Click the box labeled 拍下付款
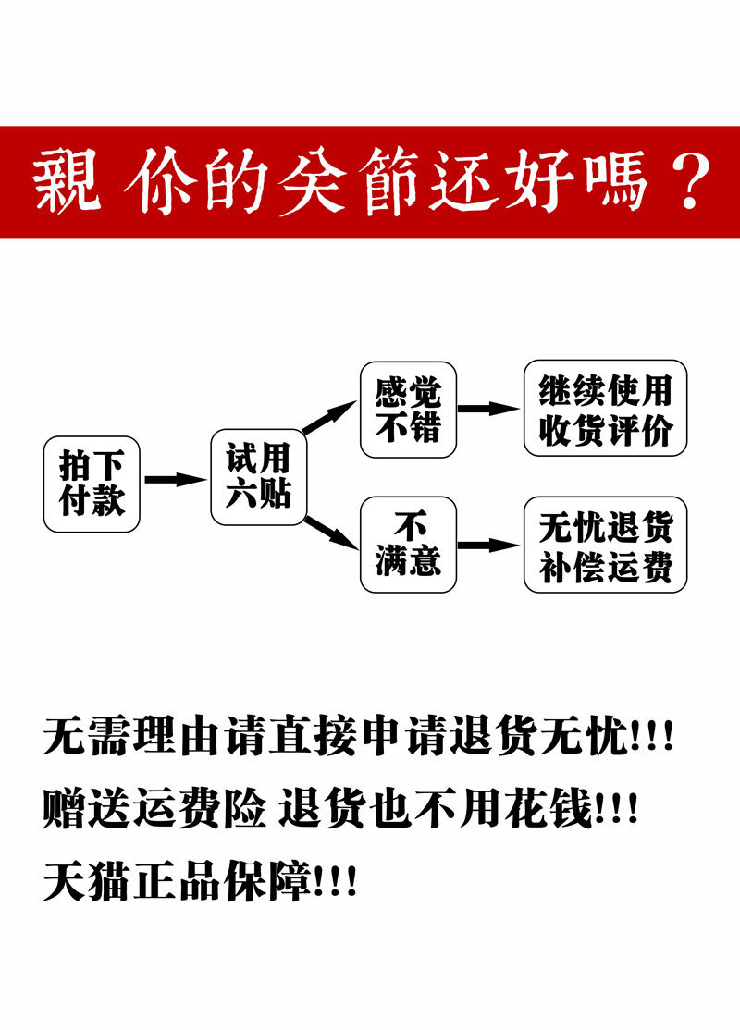tap(92, 484)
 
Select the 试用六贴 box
tap(258, 477)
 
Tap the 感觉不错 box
tap(408, 410)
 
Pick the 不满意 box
tap(408, 545)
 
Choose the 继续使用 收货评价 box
tap(606, 408)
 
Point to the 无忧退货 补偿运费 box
tap(606, 545)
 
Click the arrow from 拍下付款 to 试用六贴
tap(175, 480)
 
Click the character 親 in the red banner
tap(68, 182)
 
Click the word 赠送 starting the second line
tap(88, 808)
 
